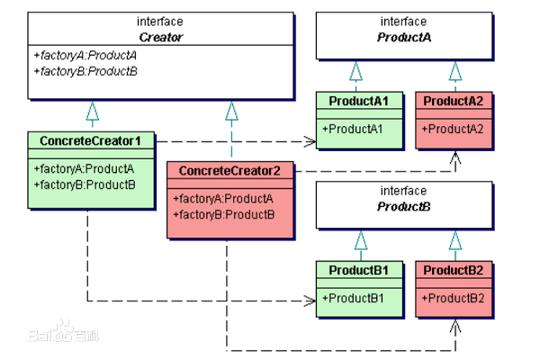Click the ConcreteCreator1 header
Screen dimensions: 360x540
[x=92, y=141]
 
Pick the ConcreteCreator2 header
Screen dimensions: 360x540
[x=230, y=171]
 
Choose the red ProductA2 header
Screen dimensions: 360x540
[x=454, y=101]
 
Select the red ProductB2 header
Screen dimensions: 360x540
[x=454, y=270]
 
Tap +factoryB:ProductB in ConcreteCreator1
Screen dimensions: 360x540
[x=85, y=184]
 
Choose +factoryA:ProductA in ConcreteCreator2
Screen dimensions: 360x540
[x=223, y=198]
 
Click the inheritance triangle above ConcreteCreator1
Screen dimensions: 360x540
[x=91, y=111]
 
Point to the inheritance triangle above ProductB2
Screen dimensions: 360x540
[x=455, y=239]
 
